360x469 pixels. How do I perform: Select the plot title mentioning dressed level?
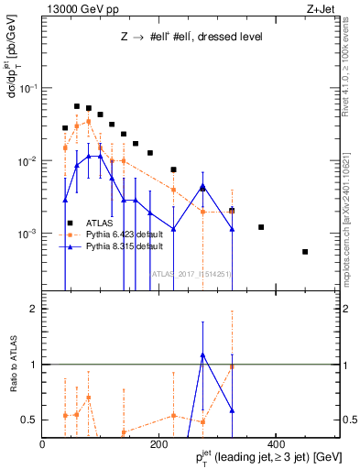(x=191, y=38)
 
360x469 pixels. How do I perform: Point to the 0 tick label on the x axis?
(x=43, y=443)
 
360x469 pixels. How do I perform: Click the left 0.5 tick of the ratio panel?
(x=33, y=420)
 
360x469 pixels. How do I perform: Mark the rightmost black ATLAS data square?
(x=305, y=252)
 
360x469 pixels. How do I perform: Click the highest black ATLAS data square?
(x=77, y=106)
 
